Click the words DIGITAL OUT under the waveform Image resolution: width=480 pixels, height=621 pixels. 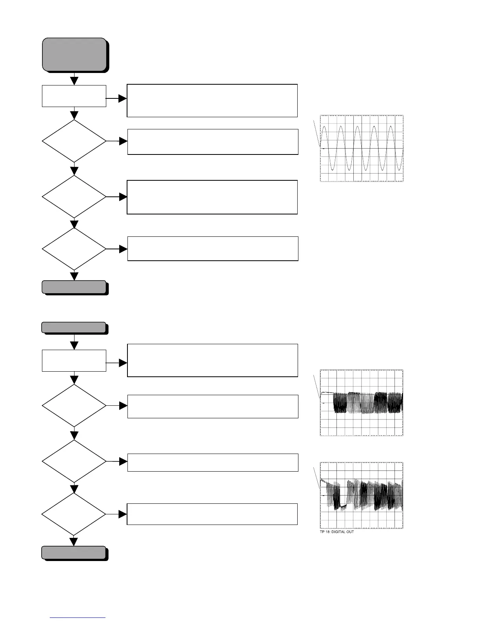click(x=343, y=532)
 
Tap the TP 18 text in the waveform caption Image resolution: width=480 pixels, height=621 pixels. click(x=325, y=532)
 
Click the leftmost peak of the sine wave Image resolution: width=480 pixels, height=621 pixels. click(x=324, y=127)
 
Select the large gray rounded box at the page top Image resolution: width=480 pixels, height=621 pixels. click(x=75, y=54)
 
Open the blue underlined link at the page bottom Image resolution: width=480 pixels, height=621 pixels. click(x=78, y=618)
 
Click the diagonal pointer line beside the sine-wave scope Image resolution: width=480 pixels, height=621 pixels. click(x=316, y=134)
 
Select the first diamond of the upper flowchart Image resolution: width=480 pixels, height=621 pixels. click(x=74, y=141)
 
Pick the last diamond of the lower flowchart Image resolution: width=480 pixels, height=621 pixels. click(x=74, y=514)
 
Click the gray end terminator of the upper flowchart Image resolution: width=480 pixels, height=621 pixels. click(x=74, y=287)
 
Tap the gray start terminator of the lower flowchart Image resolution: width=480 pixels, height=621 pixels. click(x=74, y=328)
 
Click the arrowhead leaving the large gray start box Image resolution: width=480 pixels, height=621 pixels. click(x=74, y=81)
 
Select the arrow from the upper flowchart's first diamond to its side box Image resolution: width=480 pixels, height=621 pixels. click(x=122, y=141)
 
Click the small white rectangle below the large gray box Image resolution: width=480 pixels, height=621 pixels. click(x=74, y=96)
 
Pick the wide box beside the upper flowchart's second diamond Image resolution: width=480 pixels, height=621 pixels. click(x=212, y=197)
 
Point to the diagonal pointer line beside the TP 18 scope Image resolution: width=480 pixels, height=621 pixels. click(x=317, y=477)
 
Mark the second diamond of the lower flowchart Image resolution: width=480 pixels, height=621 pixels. click(x=74, y=461)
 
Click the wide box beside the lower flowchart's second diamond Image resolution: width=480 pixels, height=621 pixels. click(x=213, y=463)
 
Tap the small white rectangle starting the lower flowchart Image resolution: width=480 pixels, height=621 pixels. click(x=74, y=361)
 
